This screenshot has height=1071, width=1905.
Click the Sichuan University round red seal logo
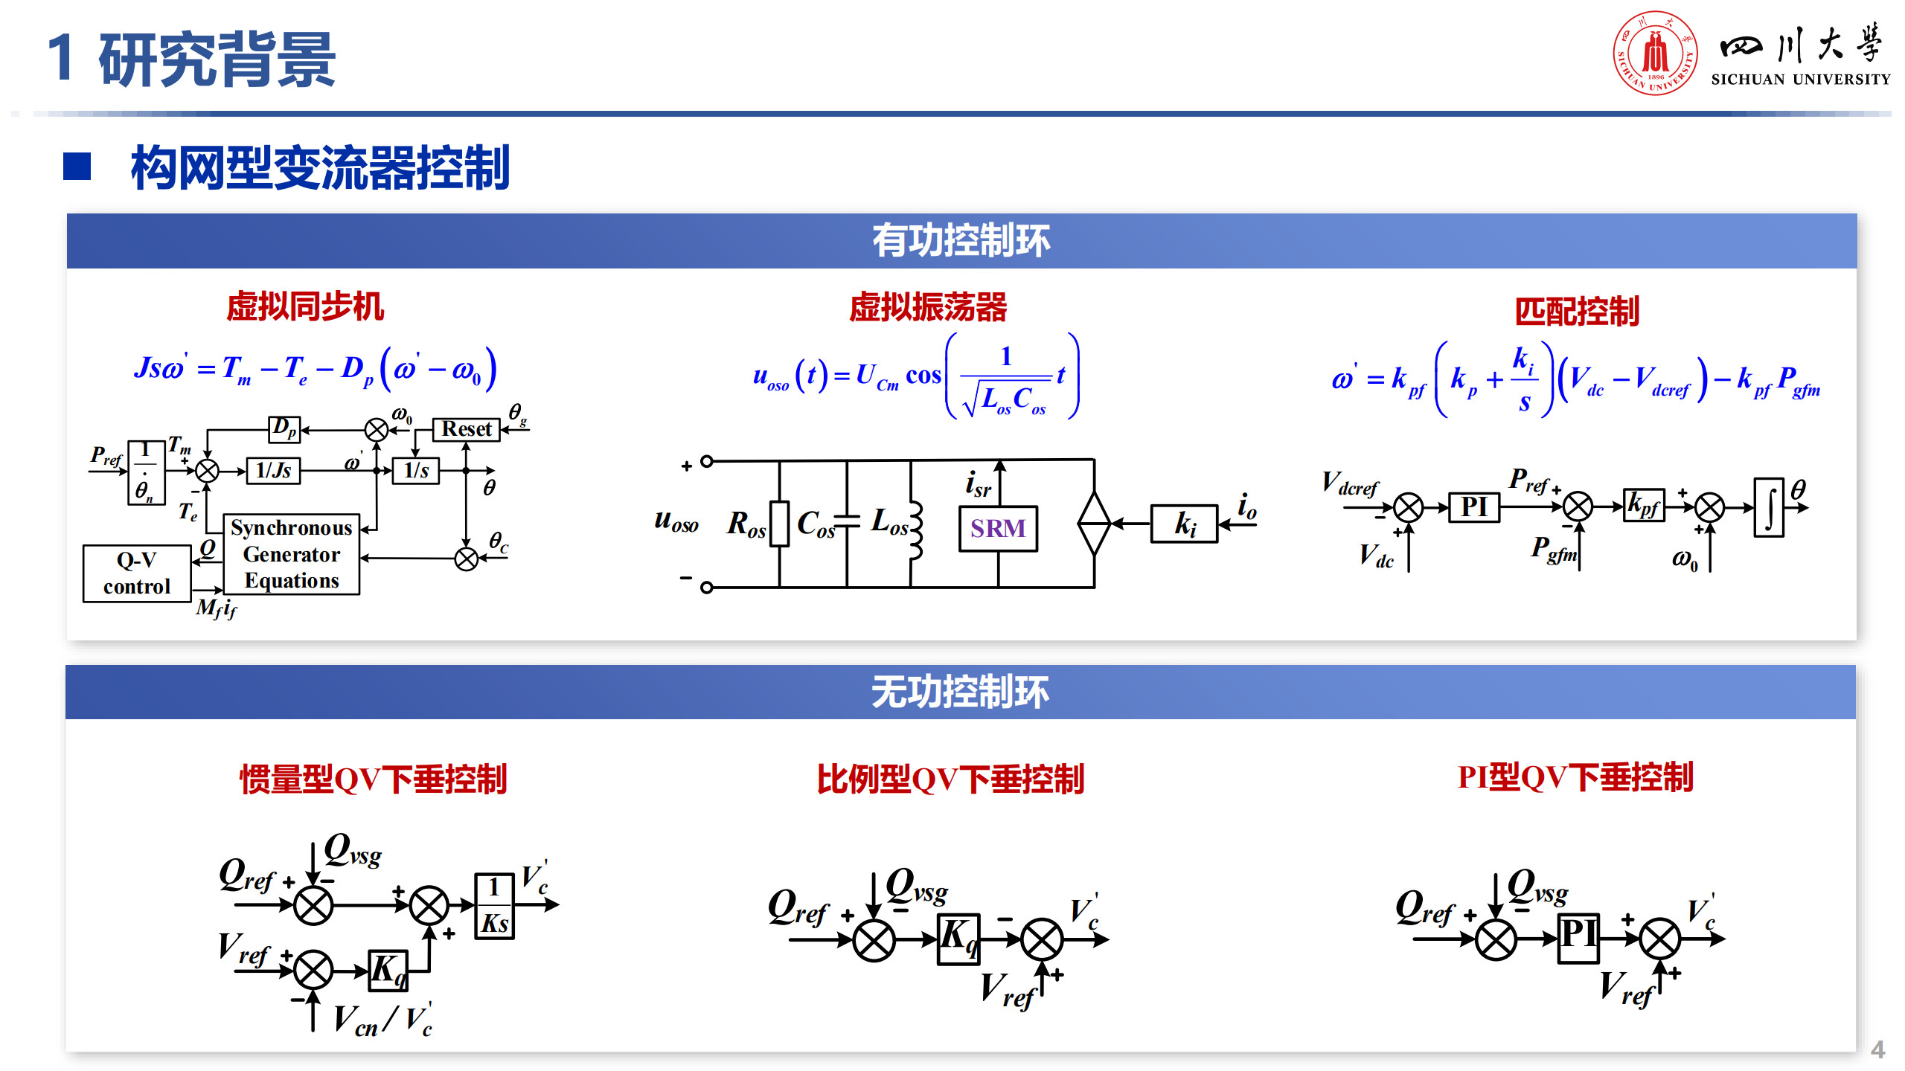pos(1655,53)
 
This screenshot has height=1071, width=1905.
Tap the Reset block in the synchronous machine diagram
pos(467,429)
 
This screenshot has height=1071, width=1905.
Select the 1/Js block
pos(273,470)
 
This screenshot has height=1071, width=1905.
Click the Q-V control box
pos(137,573)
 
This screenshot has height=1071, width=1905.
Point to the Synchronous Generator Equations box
pos(292,554)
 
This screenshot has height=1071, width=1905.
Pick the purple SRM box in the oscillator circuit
pos(998,528)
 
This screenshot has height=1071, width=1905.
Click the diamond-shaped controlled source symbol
pos(1094,523)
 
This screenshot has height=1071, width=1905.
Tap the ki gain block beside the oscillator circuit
pos(1184,524)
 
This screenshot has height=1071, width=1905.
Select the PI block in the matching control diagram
pos(1473,507)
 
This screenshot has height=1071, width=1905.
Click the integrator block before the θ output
pos(1769,507)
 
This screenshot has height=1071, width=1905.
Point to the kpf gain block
pos(1643,506)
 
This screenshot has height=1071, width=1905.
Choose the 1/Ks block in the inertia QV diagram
pos(494,905)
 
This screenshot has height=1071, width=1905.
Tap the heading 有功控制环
pos(961,241)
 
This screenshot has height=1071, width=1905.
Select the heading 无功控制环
pos(960,692)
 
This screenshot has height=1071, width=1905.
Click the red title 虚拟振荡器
pos(928,307)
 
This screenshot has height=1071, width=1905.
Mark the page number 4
pos(1877,1049)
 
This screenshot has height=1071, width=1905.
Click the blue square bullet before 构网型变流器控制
pos(77,167)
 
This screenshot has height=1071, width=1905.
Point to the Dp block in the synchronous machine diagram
pos(284,429)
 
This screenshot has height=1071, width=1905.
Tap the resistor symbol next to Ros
pos(779,524)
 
